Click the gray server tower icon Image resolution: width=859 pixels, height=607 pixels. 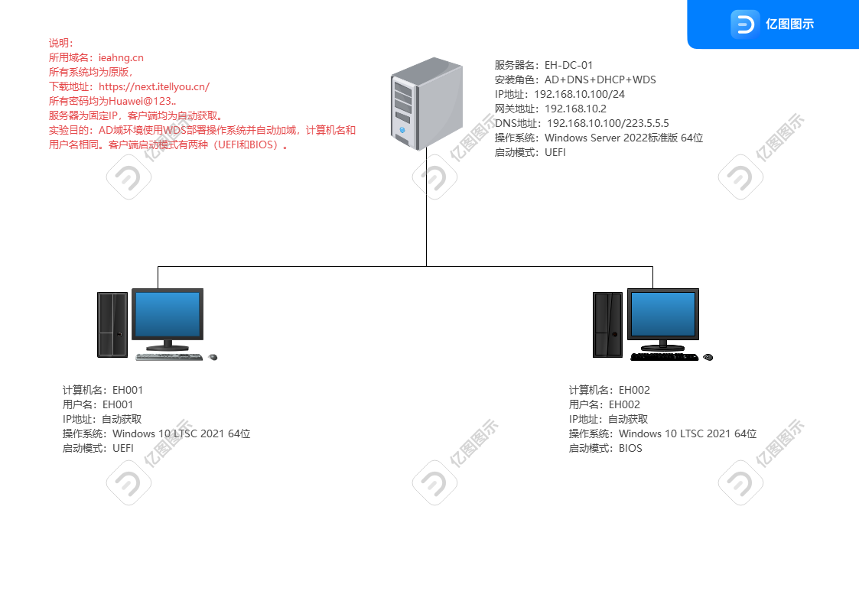click(426, 103)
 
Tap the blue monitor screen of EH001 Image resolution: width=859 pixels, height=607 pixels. click(167, 314)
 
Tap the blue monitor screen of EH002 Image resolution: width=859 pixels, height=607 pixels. click(663, 314)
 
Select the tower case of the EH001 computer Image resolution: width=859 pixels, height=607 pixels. click(112, 325)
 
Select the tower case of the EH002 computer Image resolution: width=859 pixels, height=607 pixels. click(608, 325)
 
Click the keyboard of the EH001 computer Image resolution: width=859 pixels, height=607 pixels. click(168, 356)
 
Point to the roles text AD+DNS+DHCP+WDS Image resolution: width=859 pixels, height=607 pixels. click(600, 80)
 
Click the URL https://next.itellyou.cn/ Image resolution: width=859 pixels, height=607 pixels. click(154, 87)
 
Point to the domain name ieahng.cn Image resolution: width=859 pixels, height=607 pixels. click(121, 58)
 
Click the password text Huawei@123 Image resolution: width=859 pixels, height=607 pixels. click(142, 101)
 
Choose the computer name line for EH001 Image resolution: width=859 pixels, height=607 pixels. click(102, 390)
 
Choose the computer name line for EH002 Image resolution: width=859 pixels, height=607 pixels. click(609, 390)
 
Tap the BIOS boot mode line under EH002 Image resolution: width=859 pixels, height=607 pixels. click(605, 448)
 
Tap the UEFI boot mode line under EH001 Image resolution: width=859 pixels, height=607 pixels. click(97, 448)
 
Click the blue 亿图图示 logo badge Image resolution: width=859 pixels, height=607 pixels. click(773, 24)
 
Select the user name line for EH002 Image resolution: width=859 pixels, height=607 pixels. click(604, 404)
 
